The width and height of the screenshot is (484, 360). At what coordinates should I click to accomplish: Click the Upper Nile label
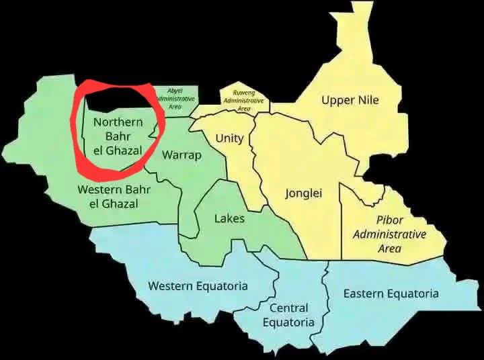pos(350,101)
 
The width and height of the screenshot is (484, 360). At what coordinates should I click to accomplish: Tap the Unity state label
pos(229,138)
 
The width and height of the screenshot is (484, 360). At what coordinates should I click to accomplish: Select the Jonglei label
pos(304,193)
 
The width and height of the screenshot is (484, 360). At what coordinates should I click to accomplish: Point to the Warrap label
pos(182,155)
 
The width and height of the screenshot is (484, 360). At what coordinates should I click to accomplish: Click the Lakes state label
pos(229,218)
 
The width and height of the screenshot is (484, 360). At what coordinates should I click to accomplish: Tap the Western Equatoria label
pos(198,286)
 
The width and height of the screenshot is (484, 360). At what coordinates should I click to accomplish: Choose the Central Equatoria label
pos(288,315)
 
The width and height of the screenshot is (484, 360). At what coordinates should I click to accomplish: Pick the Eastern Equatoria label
pos(391,294)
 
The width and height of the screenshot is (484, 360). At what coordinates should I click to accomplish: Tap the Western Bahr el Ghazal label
pos(114,196)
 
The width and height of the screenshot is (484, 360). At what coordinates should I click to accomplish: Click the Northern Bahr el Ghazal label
pos(118,136)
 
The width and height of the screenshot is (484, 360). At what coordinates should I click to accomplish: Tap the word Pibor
pos(390,220)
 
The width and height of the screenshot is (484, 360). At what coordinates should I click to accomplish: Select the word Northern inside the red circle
pos(118,122)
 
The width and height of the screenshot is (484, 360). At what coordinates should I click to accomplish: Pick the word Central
pos(288,308)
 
